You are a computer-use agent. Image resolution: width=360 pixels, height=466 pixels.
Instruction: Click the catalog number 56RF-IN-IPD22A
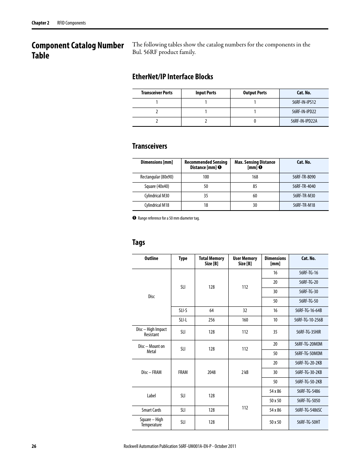coord(304,121)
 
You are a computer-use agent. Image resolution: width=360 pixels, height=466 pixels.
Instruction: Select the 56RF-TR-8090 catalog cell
coord(304,177)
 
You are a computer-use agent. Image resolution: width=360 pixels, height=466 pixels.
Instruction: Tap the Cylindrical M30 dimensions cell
coord(157,196)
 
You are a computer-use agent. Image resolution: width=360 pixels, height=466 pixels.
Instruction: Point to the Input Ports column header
coord(206,93)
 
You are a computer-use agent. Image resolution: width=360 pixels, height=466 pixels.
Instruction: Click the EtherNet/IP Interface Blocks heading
coord(172,77)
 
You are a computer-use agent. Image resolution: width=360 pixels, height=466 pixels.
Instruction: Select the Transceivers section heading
coord(149,146)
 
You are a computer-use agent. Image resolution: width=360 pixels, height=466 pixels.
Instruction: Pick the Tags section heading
coord(138,242)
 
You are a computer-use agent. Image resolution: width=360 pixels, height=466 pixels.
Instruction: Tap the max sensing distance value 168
coord(255,177)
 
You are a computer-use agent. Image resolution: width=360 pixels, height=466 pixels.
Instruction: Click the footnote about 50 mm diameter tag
coord(168,218)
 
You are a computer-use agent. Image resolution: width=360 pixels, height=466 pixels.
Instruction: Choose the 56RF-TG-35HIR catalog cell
coord(308,332)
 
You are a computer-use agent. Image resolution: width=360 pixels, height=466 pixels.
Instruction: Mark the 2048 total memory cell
coord(211,372)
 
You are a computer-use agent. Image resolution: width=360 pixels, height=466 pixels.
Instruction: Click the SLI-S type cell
coord(183,311)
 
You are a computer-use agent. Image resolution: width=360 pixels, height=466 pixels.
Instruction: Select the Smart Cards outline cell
coord(151,410)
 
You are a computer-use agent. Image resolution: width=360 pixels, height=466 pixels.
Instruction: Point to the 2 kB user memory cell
coord(245,372)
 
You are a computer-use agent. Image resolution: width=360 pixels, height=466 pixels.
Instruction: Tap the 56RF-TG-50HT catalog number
coord(308,422)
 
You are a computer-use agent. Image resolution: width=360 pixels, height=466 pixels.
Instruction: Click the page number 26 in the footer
coord(34,446)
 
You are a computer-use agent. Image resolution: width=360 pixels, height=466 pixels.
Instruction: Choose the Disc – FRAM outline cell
coord(151,372)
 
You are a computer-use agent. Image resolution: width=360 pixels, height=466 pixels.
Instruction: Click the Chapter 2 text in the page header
coord(40,23)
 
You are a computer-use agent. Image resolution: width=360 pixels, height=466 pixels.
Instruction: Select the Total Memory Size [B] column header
coord(211,261)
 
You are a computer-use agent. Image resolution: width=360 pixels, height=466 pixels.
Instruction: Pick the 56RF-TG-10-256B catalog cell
coord(308,320)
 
